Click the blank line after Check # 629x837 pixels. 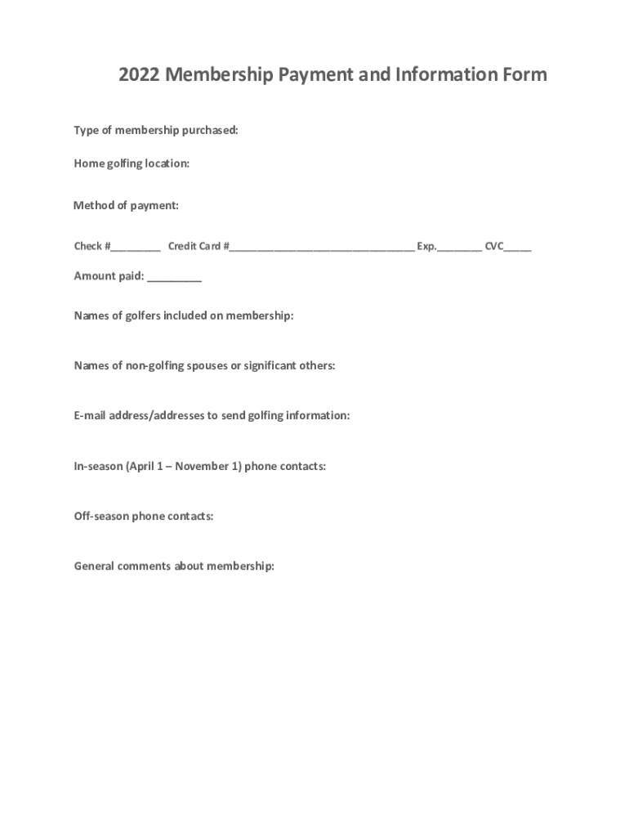[x=136, y=248]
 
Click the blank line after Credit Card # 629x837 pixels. [x=322, y=248]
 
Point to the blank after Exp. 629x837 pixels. [x=459, y=248]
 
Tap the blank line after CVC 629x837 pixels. [x=518, y=248]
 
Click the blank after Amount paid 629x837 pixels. [x=175, y=278]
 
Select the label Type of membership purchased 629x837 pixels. [x=156, y=131]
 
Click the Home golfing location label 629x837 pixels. [x=132, y=163]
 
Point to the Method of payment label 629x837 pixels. [x=126, y=205]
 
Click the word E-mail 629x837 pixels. [x=88, y=415]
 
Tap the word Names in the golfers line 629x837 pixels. [x=91, y=316]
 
